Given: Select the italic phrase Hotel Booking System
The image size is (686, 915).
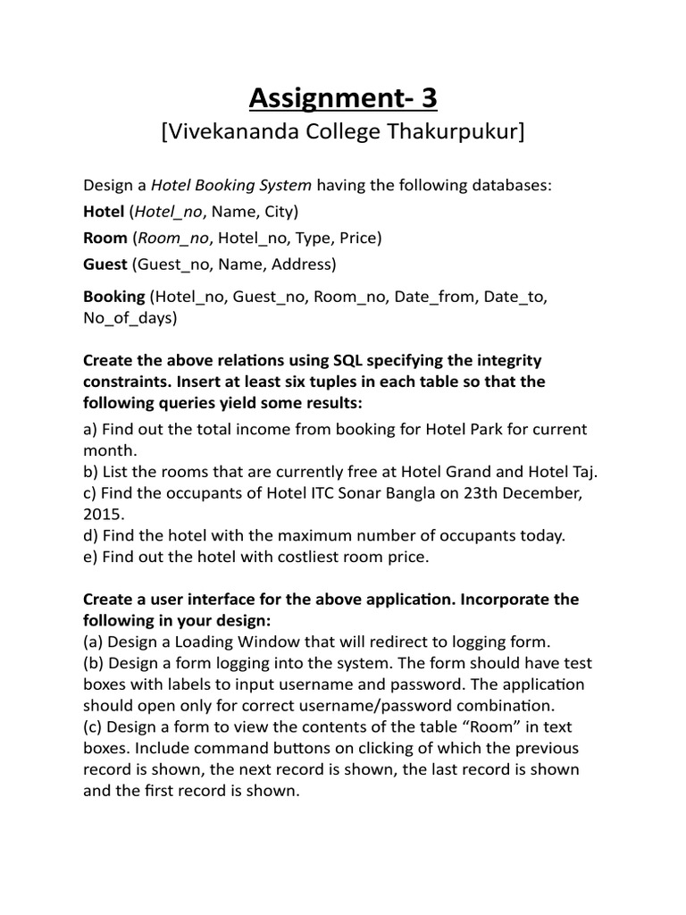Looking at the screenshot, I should [231, 186].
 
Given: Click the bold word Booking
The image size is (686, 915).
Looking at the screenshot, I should [113, 297].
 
